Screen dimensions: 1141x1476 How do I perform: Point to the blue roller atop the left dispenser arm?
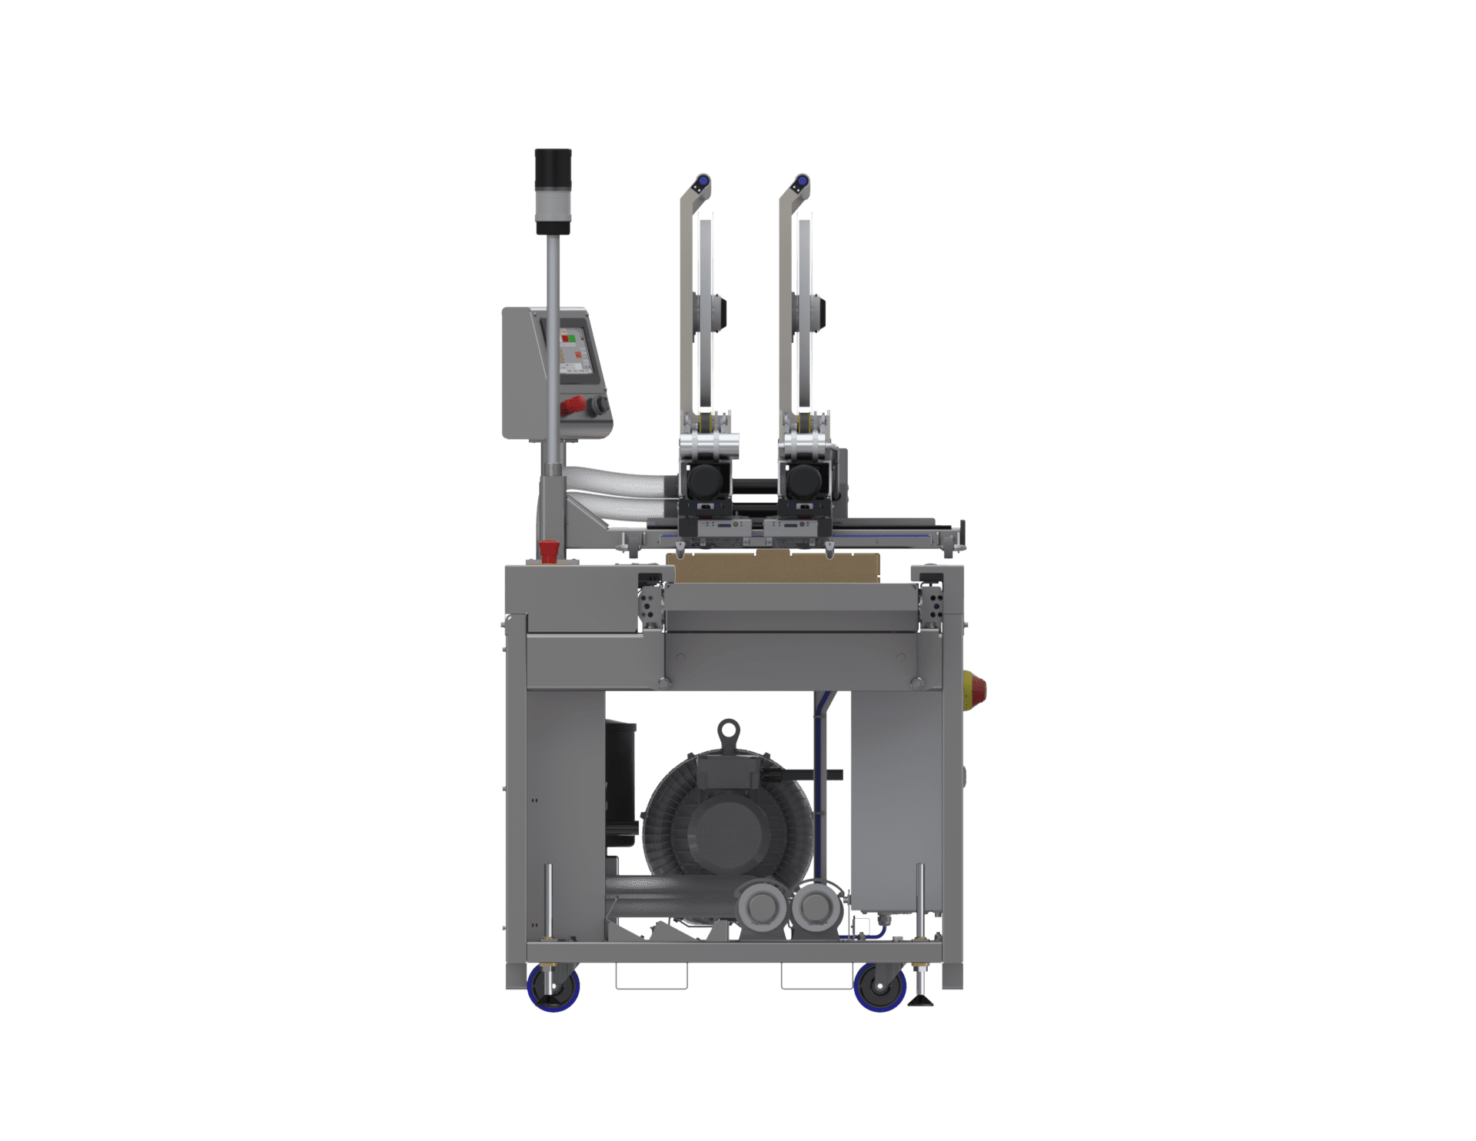pyautogui.click(x=700, y=183)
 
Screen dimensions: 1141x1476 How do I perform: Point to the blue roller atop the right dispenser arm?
pyautogui.click(x=800, y=182)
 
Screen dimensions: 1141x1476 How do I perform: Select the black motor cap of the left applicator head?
pyautogui.click(x=702, y=482)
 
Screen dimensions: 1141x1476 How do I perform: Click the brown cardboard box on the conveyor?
pyautogui.click(x=776, y=567)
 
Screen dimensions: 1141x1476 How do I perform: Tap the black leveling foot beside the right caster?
pyautogui.click(x=919, y=1000)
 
